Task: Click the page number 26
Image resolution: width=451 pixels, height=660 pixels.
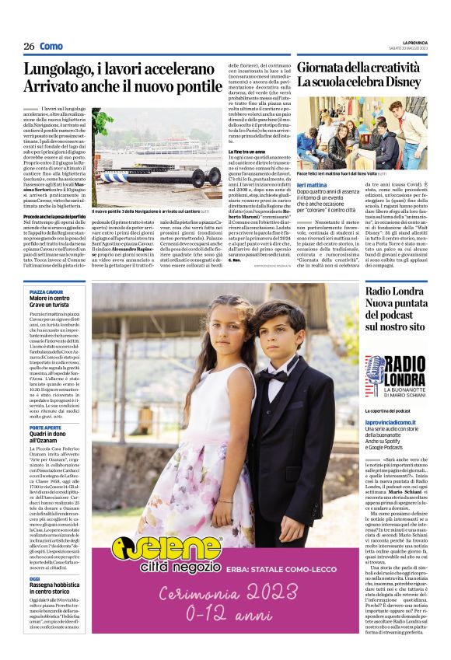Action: [x=29, y=47]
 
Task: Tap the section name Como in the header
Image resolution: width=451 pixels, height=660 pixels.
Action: [x=51, y=47]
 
